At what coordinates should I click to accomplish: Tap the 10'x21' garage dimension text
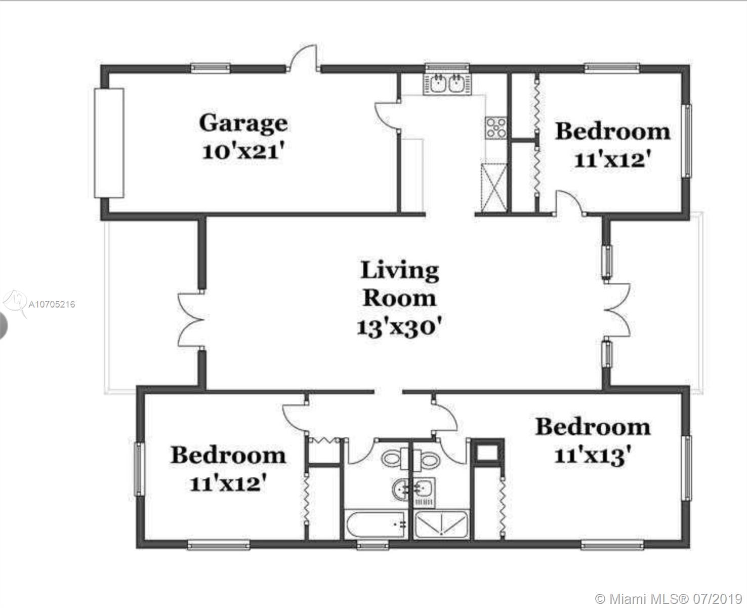243,151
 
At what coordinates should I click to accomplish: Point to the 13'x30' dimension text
399,327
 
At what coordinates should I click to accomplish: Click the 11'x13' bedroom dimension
593,455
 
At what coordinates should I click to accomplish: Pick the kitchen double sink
447,84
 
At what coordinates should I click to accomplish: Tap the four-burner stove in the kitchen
496,128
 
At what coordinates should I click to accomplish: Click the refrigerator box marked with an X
494,188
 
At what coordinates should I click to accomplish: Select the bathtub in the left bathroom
376,524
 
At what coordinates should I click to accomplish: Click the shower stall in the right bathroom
441,524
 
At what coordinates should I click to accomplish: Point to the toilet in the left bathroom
395,458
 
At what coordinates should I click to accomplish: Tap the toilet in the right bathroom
426,458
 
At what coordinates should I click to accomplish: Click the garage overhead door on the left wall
109,143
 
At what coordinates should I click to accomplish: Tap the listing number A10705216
52,305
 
